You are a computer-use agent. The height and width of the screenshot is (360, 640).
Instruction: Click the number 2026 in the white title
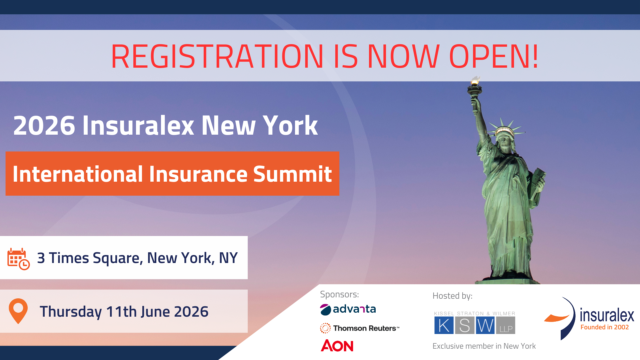(44, 126)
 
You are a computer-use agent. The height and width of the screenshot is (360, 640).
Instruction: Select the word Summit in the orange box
(292, 174)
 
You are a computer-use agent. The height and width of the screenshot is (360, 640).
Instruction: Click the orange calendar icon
(19, 259)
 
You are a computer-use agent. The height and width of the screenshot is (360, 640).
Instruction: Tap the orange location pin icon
(18, 311)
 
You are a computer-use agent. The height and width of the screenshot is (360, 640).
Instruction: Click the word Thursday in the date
(71, 312)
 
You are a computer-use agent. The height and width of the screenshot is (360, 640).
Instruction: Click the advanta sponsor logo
(348, 309)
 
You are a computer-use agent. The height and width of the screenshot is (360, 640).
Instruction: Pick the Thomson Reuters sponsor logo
(360, 328)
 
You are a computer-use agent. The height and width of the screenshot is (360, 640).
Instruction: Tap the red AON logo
(337, 346)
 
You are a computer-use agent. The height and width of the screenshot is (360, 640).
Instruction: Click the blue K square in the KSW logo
(444, 325)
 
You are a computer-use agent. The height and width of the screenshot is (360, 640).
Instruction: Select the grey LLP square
(506, 325)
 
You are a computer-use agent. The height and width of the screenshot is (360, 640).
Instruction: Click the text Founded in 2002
(605, 327)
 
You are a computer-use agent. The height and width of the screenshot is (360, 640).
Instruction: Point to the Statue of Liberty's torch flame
(475, 80)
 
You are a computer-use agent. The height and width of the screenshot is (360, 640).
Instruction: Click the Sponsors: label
(339, 295)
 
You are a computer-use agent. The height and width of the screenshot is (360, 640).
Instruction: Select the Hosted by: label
(452, 296)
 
